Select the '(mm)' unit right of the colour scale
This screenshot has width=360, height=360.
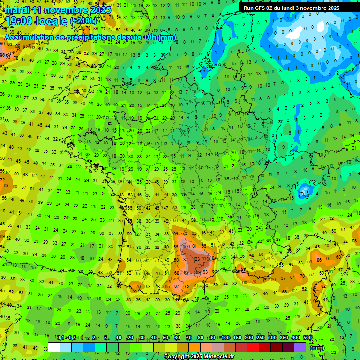point(317,348)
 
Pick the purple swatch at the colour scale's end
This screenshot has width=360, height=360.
point(300,347)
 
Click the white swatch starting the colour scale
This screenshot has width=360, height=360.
point(54,347)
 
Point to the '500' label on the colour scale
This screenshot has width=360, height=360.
point(307,337)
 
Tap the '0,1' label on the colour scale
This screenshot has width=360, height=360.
point(60,337)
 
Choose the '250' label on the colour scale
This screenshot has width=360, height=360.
point(261,337)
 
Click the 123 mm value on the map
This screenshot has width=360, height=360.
point(196,259)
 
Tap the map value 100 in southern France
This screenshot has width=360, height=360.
point(187,246)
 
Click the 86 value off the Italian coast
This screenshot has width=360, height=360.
point(319,259)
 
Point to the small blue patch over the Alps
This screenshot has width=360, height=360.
point(304,190)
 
